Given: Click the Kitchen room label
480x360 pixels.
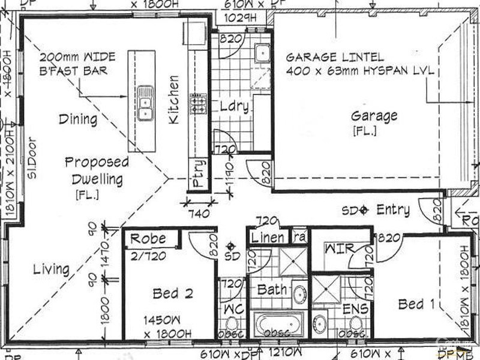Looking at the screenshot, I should coord(173,100).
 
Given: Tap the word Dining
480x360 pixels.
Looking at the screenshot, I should coord(78,119).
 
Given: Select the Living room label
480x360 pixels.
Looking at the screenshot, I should coord(51,269).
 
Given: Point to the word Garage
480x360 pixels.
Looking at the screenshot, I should coord(374,116).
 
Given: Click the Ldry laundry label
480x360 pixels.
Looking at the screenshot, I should coord(234,107).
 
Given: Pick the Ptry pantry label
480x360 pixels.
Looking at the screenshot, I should coord(199,173).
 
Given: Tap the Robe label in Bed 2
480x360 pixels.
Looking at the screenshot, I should coord(148,238).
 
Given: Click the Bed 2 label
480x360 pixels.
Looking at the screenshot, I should coord(172,293).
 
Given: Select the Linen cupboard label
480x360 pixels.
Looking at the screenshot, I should coord(268,238).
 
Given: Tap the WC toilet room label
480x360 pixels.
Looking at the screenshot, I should coord(232,310).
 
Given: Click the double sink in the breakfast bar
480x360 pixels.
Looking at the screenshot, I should coord(145,103).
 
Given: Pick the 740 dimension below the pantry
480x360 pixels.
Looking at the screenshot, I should coord(199,213).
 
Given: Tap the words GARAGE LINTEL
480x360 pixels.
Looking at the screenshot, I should coord(334,58).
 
